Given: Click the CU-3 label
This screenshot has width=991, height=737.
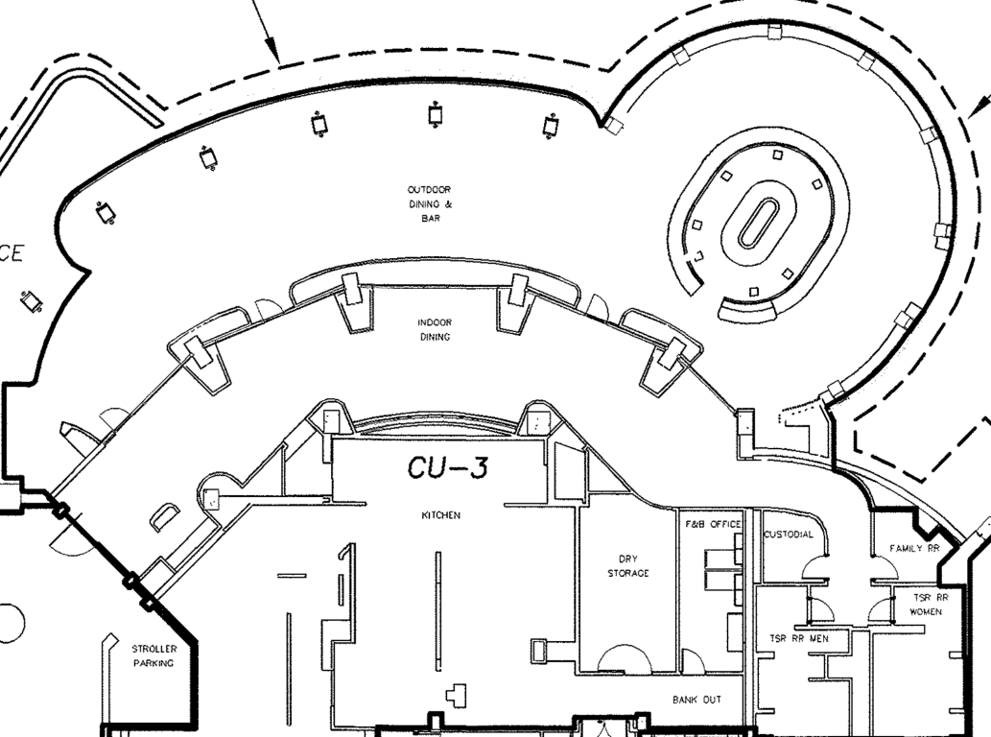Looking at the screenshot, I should [448, 468].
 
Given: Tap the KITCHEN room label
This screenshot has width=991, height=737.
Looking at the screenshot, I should [441, 515].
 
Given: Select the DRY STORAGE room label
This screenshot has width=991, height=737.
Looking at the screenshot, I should [627, 566].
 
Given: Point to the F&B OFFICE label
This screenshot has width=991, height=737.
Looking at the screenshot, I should [713, 524].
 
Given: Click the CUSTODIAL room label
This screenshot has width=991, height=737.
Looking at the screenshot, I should [789, 535].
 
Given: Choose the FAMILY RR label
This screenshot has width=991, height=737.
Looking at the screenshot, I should [913, 549].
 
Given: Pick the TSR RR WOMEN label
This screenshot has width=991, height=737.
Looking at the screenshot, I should [926, 605].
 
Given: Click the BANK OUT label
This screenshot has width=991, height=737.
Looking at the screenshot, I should [696, 701].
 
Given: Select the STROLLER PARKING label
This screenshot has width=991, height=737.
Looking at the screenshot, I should [153, 656].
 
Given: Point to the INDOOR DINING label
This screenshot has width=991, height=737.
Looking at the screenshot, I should [435, 330].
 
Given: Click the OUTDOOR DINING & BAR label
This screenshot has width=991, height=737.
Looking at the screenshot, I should [429, 204].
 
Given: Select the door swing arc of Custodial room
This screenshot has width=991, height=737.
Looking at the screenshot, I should [817, 571].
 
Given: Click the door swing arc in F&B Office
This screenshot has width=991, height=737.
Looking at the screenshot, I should [692, 661].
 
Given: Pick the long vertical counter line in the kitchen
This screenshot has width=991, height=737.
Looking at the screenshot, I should [438, 610].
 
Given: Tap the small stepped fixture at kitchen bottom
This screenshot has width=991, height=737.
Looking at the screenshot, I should [460, 693].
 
